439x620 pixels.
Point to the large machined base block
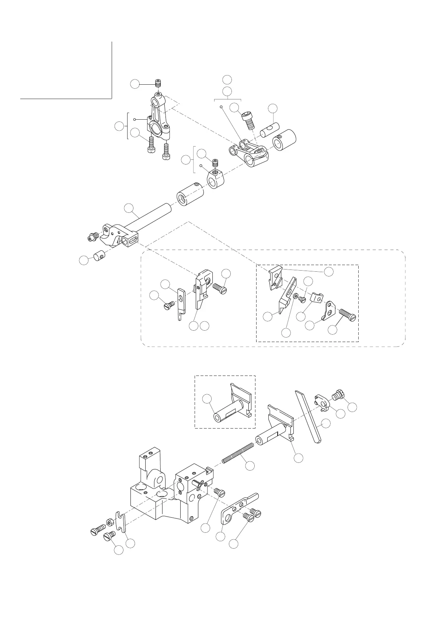pyautogui.click(x=166, y=493)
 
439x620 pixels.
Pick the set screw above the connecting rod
pyautogui.click(x=158, y=84)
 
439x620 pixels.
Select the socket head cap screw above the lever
pyautogui.click(x=248, y=120)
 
